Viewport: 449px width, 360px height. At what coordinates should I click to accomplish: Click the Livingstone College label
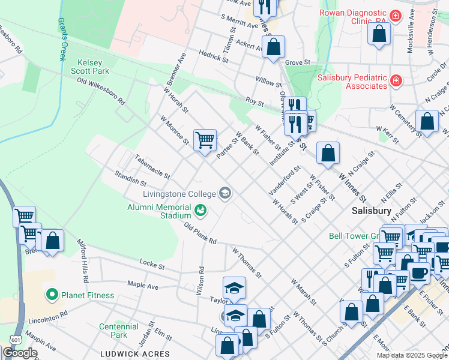(178, 194)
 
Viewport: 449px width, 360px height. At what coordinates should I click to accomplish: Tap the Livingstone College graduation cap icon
(225, 193)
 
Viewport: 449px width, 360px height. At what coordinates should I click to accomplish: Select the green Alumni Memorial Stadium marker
(200, 211)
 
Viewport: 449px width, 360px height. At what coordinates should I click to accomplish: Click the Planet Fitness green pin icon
(52, 295)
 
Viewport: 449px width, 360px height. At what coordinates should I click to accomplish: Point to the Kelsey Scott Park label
(94, 66)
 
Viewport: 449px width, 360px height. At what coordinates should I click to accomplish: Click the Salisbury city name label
(372, 211)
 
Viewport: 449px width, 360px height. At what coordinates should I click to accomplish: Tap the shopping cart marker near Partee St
(205, 140)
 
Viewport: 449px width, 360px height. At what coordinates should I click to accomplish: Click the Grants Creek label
(61, 40)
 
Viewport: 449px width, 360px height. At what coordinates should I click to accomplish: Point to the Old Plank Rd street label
(200, 233)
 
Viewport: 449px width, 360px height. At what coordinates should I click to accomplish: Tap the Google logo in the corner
(19, 353)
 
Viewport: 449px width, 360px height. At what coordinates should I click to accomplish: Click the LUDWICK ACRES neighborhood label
(136, 354)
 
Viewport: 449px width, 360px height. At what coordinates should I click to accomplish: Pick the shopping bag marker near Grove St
(273, 47)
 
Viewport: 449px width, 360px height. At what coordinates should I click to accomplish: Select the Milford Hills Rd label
(83, 261)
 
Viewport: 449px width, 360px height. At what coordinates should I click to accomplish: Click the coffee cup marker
(418, 272)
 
